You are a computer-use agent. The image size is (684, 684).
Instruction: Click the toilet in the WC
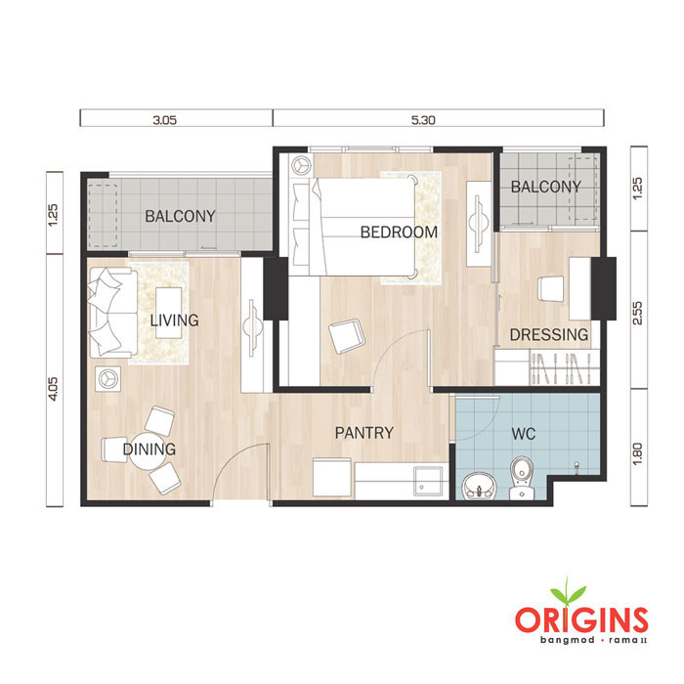pos(522,477)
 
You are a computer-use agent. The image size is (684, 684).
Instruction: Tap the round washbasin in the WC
pos(479,486)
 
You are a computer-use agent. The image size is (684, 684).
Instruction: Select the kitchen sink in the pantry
pos(428,481)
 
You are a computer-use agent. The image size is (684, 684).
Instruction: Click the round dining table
pos(148,449)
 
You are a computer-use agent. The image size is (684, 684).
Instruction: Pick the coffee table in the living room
pos(169,313)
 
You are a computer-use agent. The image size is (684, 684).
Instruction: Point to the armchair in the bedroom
pos(346,335)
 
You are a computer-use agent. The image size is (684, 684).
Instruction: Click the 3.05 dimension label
pos(164,120)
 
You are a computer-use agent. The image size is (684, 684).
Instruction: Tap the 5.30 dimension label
pos(423,120)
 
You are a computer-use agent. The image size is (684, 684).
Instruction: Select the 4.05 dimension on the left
pos(53,389)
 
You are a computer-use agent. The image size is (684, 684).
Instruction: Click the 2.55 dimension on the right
pos(637,313)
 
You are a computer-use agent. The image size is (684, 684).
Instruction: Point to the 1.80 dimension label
pos(637,454)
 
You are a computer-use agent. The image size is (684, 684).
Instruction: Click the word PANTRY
pos(364,433)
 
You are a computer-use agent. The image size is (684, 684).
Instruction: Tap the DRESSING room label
pos(549,334)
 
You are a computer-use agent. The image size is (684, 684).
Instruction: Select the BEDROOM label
pos(399,233)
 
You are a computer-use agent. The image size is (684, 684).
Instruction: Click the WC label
pos(523,434)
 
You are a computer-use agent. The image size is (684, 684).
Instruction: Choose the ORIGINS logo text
pos(581,620)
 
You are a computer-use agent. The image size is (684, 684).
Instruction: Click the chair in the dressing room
pos(550,288)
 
